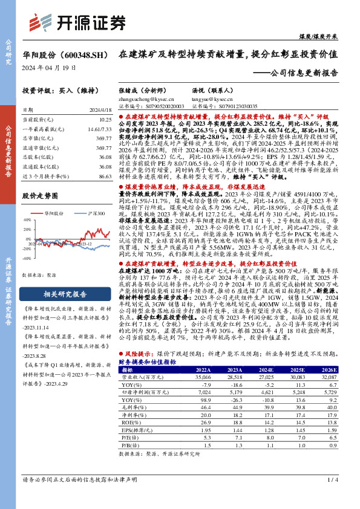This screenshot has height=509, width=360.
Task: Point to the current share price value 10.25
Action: click(x=105, y=120)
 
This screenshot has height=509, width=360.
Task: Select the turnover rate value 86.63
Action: click(x=105, y=176)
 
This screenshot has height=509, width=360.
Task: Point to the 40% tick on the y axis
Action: click(x=27, y=220)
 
